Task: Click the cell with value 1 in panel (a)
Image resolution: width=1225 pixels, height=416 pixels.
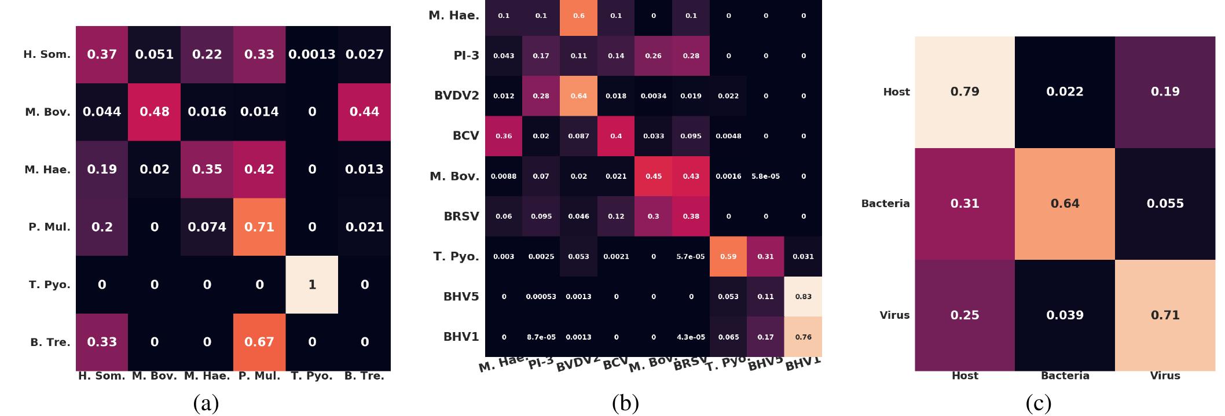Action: [312, 285]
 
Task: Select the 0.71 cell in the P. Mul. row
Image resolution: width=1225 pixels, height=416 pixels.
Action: [259, 227]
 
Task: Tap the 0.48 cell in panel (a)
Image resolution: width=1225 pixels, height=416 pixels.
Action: [155, 112]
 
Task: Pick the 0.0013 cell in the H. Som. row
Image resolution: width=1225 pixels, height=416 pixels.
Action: [312, 54]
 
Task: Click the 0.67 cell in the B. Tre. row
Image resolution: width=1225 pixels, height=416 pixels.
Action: [259, 342]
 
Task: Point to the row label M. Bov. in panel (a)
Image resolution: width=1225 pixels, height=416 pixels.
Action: [47, 112]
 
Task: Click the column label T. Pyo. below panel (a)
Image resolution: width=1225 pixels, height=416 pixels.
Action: [312, 376]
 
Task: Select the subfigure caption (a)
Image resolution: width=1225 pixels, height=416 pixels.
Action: [206, 403]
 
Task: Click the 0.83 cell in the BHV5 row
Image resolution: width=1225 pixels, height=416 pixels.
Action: [803, 296]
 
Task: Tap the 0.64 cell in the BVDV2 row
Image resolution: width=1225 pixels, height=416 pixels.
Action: [578, 96]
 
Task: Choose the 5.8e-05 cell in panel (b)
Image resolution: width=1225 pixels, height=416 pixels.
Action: [765, 176]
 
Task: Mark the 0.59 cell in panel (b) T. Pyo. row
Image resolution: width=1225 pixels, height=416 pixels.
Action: [728, 256]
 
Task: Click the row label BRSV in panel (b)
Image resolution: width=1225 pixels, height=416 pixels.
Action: [461, 216]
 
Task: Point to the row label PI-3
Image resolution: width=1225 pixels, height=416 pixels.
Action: [466, 56]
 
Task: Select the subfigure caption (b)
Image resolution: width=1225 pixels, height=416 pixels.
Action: [625, 403]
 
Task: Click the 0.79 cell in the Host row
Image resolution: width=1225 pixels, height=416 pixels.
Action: [964, 91]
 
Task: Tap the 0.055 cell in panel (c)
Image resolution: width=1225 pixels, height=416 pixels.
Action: [1165, 204]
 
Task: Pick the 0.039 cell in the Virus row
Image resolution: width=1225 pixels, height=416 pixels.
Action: [1065, 315]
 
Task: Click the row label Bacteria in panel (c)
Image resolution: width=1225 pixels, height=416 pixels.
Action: [885, 204]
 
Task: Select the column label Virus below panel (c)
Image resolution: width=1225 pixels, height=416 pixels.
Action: [1165, 376]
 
